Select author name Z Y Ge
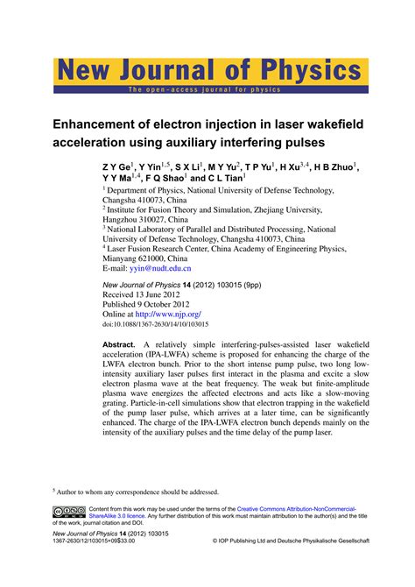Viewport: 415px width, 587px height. [x=117, y=166]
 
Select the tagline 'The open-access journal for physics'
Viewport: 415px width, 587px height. [x=206, y=89]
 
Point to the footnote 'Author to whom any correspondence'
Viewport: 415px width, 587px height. [x=140, y=492]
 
